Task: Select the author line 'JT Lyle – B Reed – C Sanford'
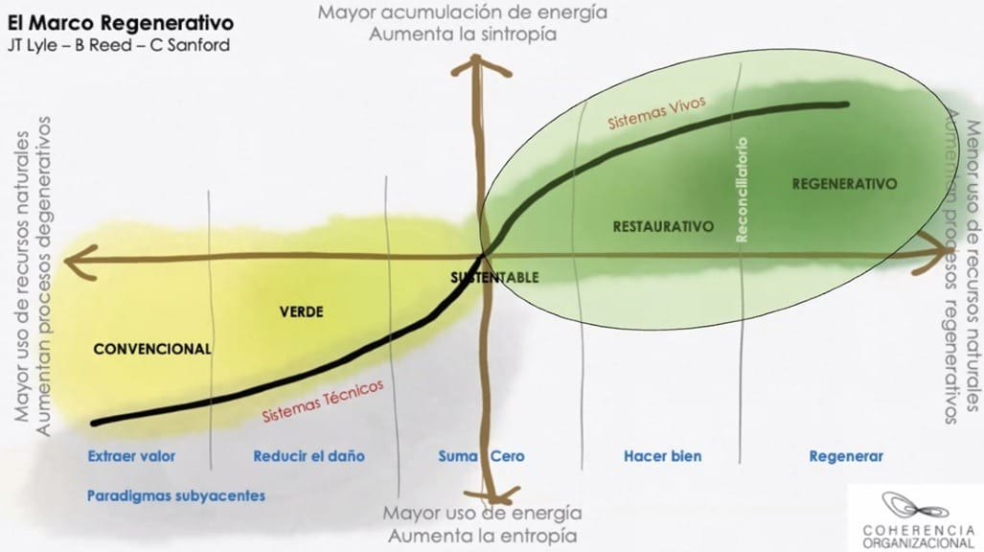[118, 45]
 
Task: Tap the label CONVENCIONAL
[151, 350]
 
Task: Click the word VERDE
[301, 312]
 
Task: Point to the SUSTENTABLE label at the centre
[494, 277]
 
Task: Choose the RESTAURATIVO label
[663, 227]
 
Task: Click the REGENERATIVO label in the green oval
[843, 184]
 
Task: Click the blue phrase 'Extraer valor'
[131, 456]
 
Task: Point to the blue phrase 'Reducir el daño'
[309, 456]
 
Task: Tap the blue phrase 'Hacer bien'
[662, 456]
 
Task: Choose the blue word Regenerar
[846, 456]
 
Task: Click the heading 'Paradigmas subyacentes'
[175, 496]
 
